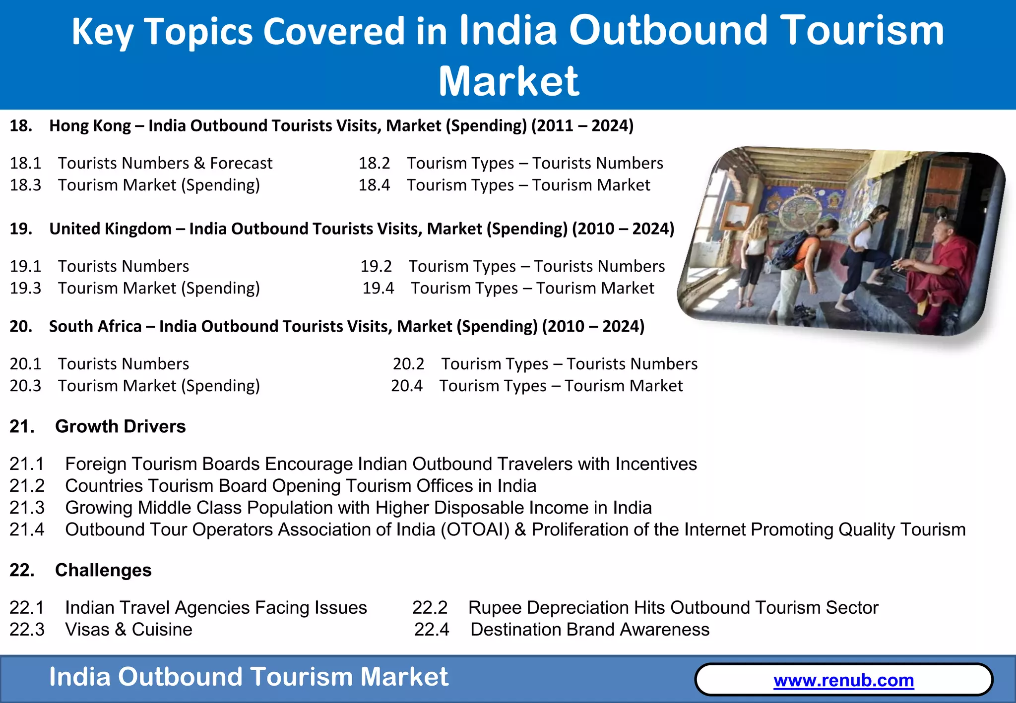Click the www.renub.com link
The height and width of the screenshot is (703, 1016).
843,680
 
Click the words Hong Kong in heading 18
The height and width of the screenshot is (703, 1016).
90,126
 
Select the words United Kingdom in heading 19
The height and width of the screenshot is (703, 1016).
110,229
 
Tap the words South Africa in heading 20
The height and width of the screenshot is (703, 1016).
95,327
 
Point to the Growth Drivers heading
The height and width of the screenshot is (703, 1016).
120,426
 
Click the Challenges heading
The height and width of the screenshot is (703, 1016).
103,570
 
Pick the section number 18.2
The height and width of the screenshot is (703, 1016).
374,164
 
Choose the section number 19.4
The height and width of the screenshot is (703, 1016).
378,289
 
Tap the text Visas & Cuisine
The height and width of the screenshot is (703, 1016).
128,630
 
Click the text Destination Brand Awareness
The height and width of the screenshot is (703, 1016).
589,630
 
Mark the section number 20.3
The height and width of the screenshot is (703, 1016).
26,386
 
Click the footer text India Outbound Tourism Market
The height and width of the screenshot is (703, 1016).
249,677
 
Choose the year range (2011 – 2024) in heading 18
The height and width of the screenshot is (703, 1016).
582,126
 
